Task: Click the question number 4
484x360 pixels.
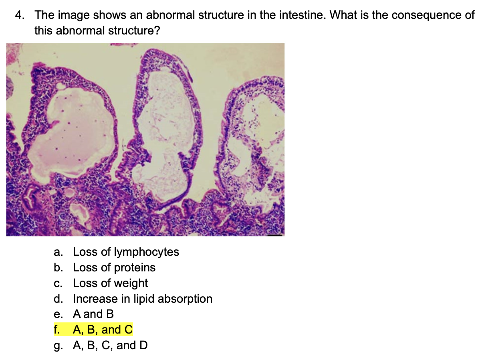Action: (19, 16)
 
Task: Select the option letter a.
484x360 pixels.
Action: (58, 252)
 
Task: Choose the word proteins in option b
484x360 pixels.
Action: (135, 267)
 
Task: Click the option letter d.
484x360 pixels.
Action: (58, 299)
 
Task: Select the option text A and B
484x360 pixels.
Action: (93, 314)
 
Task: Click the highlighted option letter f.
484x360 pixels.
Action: (57, 330)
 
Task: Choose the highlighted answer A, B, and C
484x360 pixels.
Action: (103, 330)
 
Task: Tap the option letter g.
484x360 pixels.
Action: (58, 345)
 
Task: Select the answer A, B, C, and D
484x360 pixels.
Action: (110, 345)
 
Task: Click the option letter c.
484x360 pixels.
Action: (58, 283)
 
